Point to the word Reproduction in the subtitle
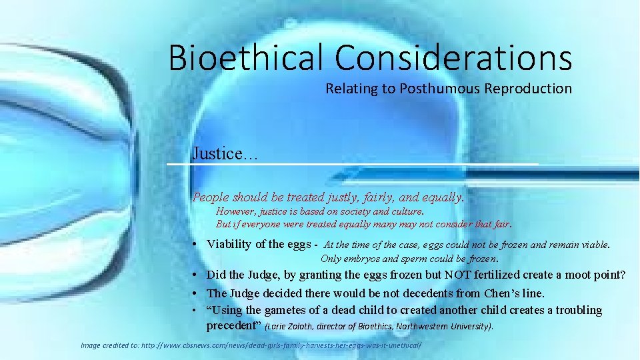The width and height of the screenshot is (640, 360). point(529,89)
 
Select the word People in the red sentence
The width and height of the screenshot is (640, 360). point(210,197)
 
